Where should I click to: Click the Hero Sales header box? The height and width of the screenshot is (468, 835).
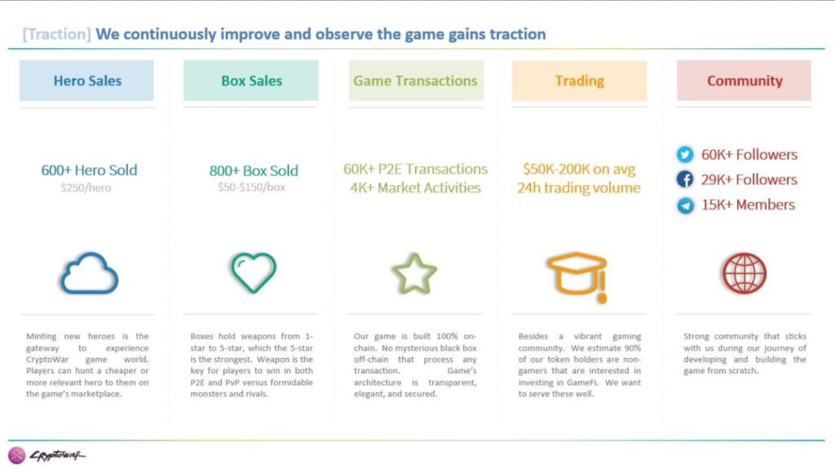click(86, 81)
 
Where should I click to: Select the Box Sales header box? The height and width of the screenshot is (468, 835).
click(251, 81)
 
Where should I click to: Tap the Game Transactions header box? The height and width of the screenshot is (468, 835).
click(416, 81)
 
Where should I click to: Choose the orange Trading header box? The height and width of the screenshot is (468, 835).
click(580, 81)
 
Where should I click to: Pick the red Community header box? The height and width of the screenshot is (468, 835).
click(744, 81)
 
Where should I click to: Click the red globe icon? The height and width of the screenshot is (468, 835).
click(744, 273)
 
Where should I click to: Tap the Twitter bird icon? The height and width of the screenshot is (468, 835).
click(685, 154)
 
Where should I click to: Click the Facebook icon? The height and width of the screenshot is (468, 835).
click(685, 179)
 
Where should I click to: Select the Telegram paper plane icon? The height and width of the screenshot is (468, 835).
click(685, 205)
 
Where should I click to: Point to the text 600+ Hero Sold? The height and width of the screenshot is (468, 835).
click(89, 170)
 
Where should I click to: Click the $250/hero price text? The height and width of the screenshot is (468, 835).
click(86, 188)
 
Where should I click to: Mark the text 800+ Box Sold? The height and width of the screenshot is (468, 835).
click(254, 170)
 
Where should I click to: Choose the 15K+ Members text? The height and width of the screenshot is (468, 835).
click(748, 205)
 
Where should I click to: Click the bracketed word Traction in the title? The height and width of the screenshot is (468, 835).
click(56, 34)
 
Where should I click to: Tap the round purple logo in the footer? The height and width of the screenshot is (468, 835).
click(16, 455)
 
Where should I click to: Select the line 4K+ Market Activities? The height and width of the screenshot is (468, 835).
click(415, 188)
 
